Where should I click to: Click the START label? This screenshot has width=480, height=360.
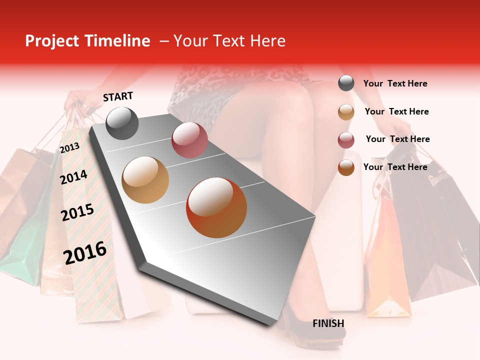(118, 96)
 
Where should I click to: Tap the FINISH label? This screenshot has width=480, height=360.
(328, 323)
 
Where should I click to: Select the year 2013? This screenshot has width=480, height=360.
(69, 147)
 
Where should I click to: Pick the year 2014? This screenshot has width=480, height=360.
(74, 177)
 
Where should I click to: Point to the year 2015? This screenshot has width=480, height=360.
(77, 213)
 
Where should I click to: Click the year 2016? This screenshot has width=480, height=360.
(85, 252)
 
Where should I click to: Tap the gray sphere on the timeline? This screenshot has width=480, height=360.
(122, 123)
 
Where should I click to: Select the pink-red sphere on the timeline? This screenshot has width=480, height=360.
(189, 140)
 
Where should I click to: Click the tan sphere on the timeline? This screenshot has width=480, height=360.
(145, 180)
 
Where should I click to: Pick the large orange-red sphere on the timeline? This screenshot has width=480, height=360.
(216, 207)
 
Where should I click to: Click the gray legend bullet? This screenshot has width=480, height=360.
(346, 83)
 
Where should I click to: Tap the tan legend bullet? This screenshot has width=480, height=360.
(346, 112)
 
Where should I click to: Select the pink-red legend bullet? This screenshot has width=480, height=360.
(346, 140)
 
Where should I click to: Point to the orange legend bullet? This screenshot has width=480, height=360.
(346, 167)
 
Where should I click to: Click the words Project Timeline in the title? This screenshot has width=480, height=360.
(87, 41)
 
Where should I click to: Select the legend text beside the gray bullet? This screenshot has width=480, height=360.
(395, 83)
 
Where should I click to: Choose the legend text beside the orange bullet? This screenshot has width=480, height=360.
(395, 167)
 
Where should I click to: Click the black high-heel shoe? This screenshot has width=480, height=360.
(310, 330)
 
